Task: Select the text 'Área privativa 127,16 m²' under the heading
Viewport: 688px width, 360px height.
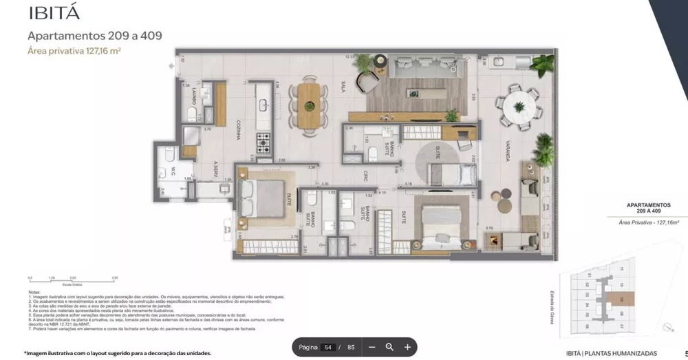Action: click(74, 50)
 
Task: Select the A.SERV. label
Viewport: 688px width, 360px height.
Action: click(215, 169)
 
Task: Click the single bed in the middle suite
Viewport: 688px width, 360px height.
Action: click(451, 173)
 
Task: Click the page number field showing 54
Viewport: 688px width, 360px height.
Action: click(328, 348)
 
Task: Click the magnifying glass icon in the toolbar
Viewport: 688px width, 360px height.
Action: click(389, 348)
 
